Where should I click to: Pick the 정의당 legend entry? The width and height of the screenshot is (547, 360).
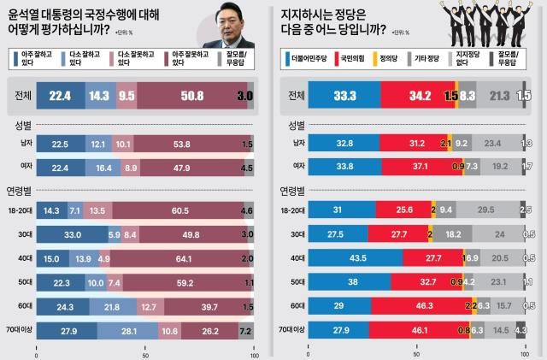tap(414, 59)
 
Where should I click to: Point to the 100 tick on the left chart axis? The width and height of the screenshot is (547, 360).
tap(252, 353)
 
